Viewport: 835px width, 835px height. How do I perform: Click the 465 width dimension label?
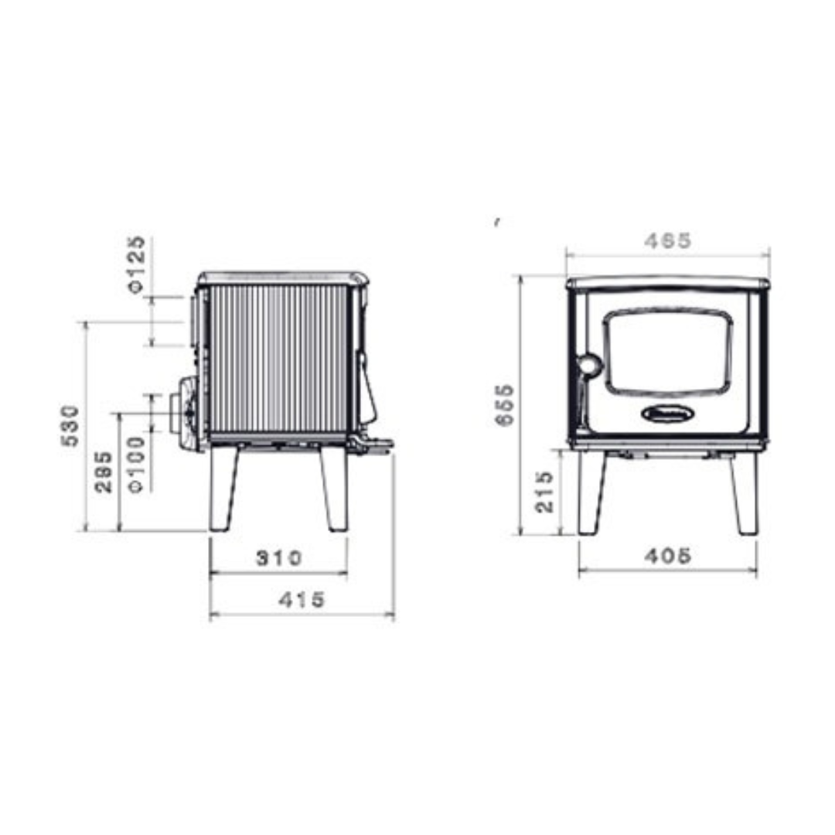[668, 241]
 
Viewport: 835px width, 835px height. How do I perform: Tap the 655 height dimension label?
[504, 404]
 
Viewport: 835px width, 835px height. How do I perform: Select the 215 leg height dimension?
[546, 492]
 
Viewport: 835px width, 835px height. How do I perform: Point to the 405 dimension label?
[668, 555]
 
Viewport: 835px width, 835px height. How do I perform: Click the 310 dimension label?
[278, 557]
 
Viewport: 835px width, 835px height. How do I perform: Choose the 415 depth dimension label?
[302, 599]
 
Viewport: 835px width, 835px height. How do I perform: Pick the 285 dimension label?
[104, 472]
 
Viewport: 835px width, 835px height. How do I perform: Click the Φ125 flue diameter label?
[136, 264]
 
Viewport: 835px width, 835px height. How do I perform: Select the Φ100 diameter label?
[137, 464]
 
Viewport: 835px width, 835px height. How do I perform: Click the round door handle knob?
[589, 365]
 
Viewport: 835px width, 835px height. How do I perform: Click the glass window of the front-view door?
[668, 353]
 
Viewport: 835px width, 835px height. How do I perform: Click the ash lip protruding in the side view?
[374, 445]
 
